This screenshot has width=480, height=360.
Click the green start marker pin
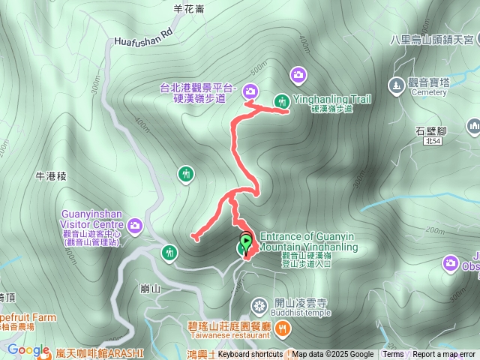point(245,243)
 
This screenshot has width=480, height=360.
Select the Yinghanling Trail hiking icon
point(282,100)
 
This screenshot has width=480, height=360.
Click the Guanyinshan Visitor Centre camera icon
point(135,224)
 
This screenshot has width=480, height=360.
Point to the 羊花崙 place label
point(188,9)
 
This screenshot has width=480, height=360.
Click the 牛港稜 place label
point(51,176)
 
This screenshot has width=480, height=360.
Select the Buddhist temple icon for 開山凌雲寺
point(259,305)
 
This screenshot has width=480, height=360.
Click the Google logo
point(28,349)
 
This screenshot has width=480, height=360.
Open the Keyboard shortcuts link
point(250,355)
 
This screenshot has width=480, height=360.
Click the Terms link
point(393,355)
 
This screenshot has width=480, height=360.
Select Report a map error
point(445,355)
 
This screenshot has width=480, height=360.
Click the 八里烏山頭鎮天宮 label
point(431,39)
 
